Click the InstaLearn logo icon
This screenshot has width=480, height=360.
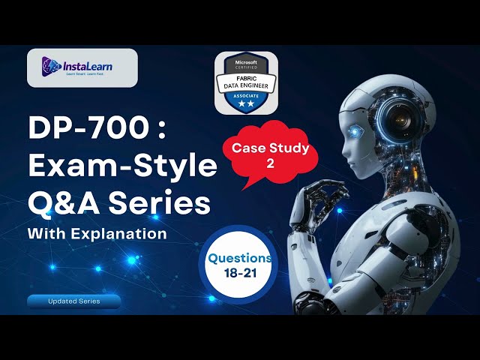tap(51, 67)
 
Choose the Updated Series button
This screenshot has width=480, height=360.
tap(74, 301)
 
